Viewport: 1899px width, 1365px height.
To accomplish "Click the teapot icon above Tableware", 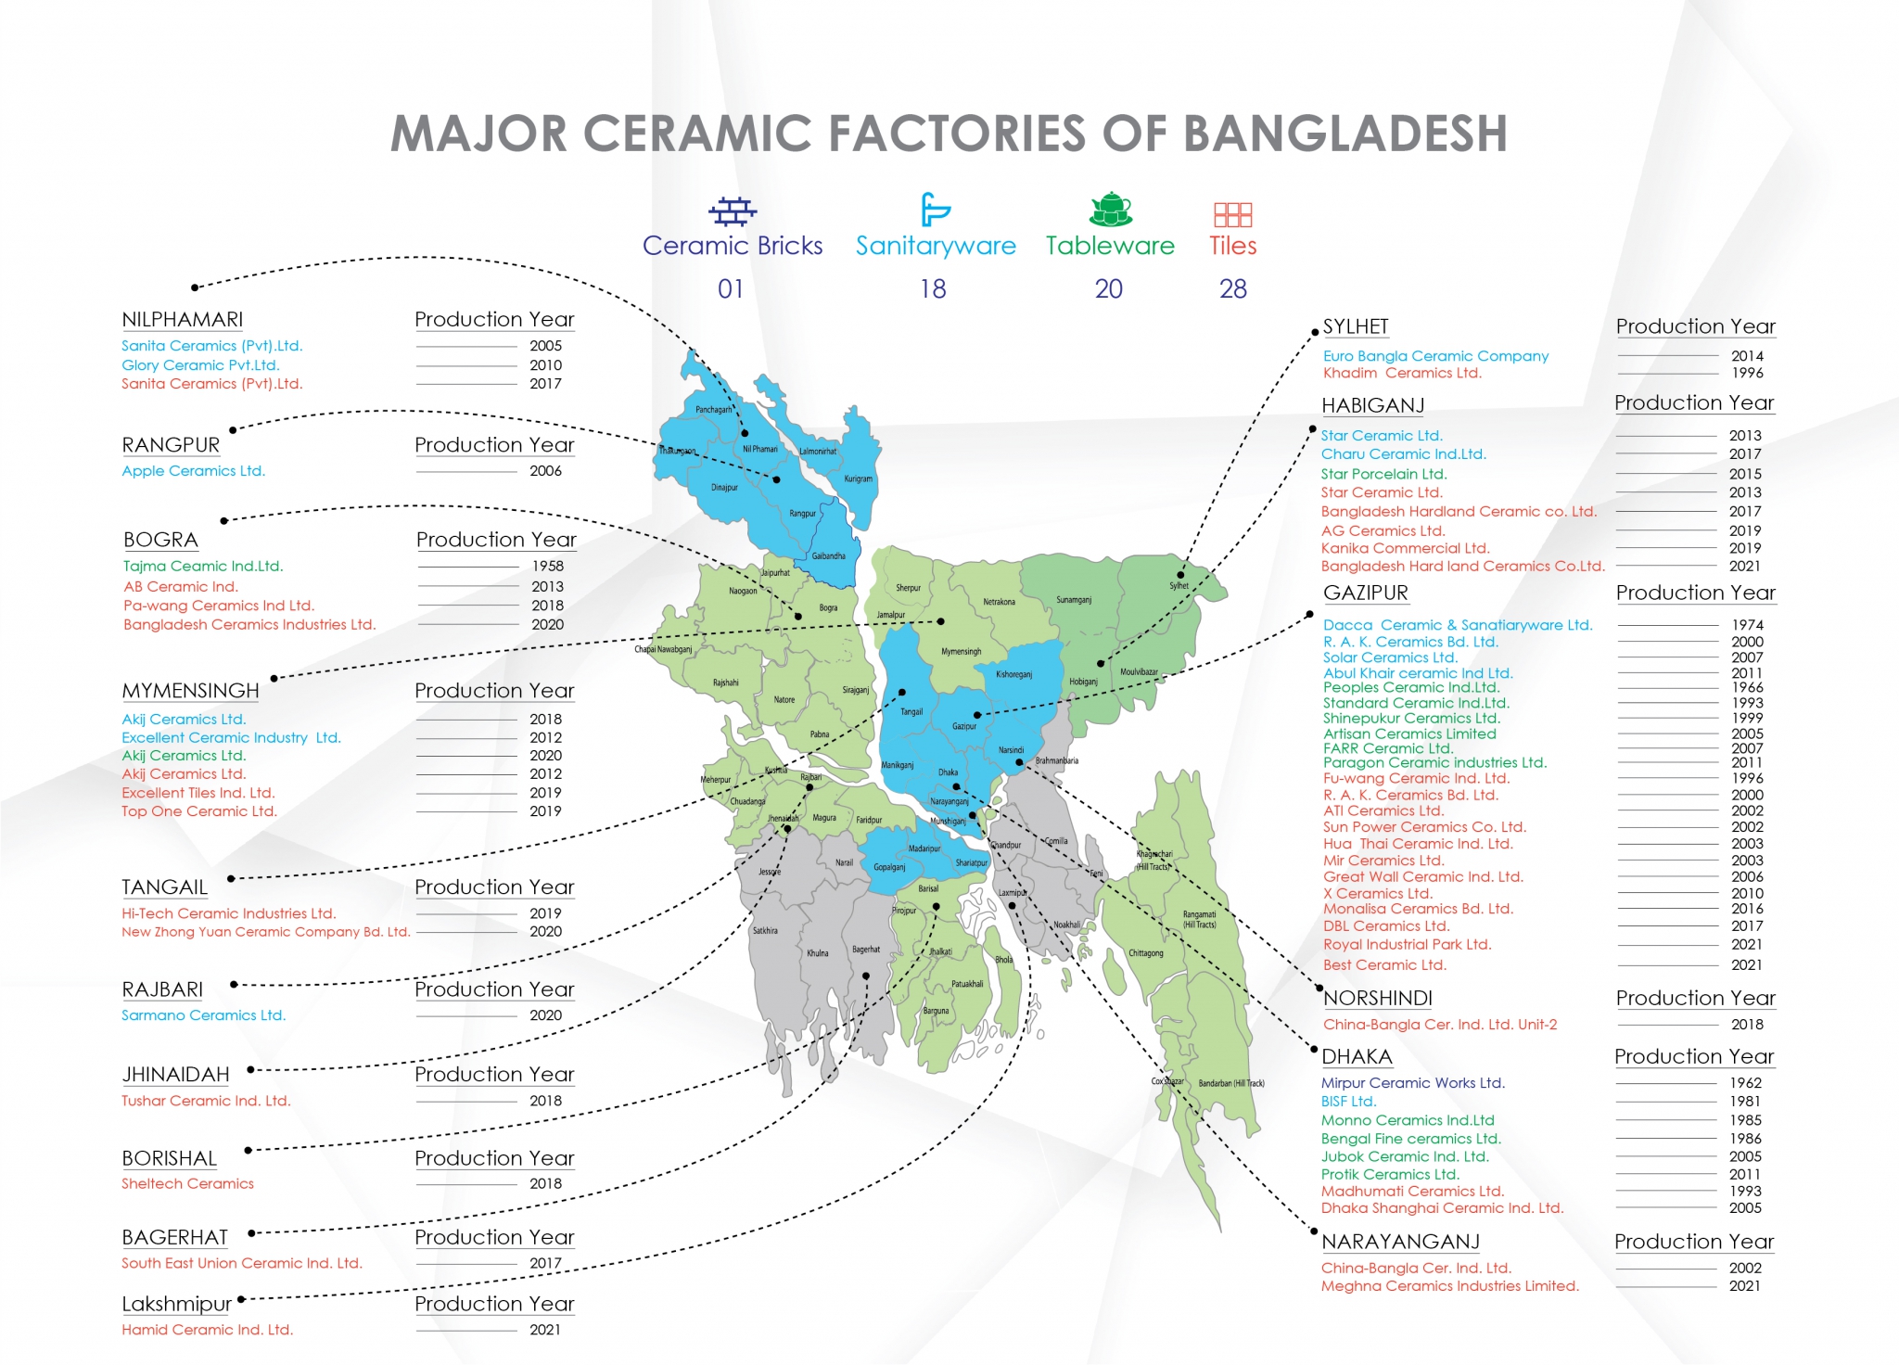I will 1111,210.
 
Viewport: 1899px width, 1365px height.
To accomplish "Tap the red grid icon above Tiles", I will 1232,215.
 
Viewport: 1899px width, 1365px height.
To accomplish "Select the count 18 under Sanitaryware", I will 933,289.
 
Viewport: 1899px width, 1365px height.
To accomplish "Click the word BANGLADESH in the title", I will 1345,134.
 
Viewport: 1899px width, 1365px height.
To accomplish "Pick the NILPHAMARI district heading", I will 183,320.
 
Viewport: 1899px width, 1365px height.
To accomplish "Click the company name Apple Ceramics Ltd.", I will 194,471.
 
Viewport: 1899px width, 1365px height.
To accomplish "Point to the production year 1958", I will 547,566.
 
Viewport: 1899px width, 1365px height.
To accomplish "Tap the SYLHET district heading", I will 1356,326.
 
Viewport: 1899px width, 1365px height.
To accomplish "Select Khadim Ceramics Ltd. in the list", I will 1402,373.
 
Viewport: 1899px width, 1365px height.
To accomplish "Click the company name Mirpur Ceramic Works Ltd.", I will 1413,1083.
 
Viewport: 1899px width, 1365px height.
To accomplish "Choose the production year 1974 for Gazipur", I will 1747,625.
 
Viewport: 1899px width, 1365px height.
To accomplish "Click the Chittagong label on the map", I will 1146,953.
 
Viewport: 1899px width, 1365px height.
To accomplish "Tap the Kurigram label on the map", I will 858,479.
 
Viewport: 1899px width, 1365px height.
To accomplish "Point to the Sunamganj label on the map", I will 1074,600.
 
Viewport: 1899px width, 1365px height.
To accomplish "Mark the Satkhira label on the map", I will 765,930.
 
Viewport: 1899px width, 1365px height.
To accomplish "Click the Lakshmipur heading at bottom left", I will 176,1304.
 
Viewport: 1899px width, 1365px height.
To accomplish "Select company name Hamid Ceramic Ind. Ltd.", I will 208,1330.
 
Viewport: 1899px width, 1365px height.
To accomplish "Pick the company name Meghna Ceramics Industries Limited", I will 1449,1286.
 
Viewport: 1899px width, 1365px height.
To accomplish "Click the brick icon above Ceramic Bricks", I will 733,211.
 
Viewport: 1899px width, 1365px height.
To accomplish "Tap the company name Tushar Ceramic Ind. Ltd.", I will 206,1101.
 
